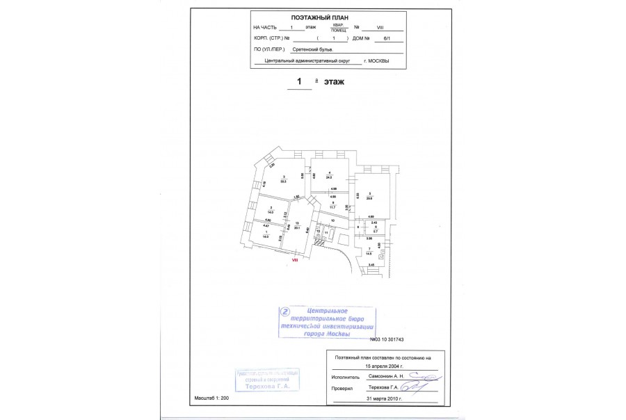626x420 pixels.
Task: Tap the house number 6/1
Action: (379, 39)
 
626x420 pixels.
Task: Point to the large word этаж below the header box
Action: (334, 82)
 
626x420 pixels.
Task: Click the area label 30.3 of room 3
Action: (284, 181)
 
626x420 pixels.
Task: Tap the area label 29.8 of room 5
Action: (370, 197)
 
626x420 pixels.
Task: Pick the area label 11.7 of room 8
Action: (332, 207)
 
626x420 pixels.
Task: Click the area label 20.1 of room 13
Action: (297, 227)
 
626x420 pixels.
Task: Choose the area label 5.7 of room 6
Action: (375, 230)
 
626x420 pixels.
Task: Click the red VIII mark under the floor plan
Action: (294, 260)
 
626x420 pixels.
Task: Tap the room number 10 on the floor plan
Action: (332, 220)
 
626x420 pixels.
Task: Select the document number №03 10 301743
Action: (387, 339)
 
